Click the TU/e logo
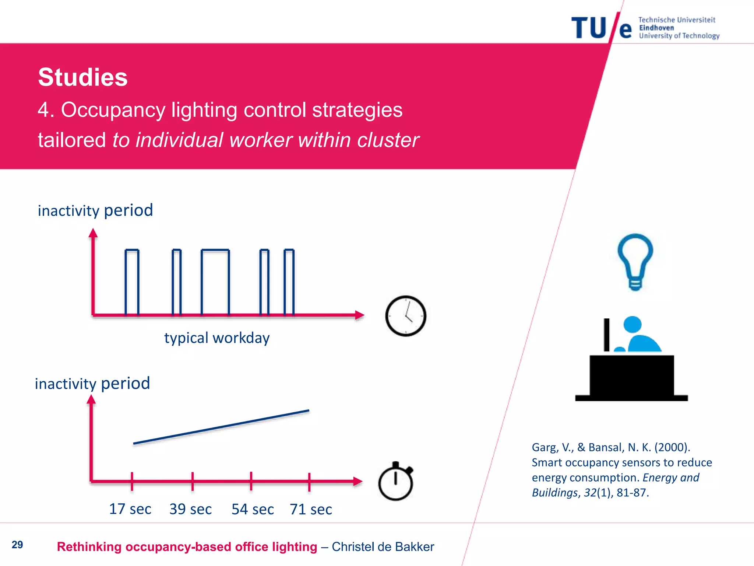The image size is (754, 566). pyautogui.click(x=602, y=28)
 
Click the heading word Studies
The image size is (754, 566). pyautogui.click(x=83, y=77)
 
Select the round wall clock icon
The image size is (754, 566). pyautogui.click(x=406, y=316)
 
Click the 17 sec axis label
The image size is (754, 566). pyautogui.click(x=130, y=509)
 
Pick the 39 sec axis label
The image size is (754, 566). pyautogui.click(x=190, y=509)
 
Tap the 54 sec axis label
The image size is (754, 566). pyautogui.click(x=253, y=509)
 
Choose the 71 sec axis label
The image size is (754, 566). pyautogui.click(x=311, y=509)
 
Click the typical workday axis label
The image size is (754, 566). pyautogui.click(x=217, y=338)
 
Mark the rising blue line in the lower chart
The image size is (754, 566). pyautogui.click(x=221, y=427)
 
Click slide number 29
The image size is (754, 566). pyautogui.click(x=17, y=545)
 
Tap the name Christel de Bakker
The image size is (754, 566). pyautogui.click(x=383, y=547)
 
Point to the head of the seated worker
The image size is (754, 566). pyautogui.click(x=633, y=325)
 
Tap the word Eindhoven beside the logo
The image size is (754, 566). pyautogui.click(x=656, y=28)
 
